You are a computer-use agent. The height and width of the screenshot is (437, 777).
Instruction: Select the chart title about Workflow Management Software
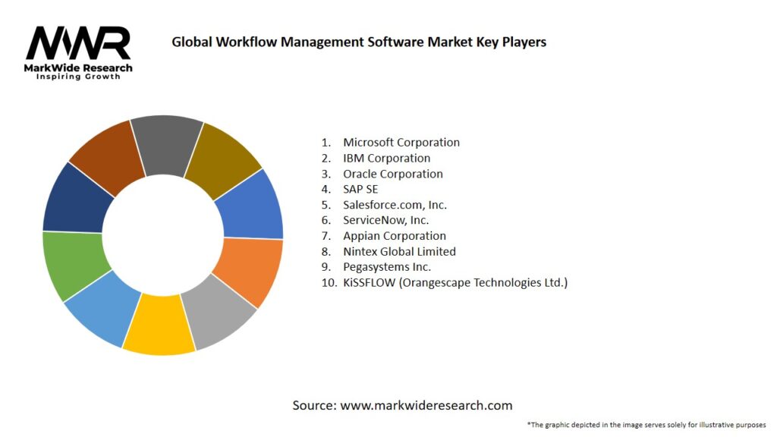point(359,42)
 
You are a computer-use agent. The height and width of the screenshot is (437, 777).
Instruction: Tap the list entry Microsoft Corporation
point(401,142)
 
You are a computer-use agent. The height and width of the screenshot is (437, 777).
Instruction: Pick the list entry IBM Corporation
point(386,158)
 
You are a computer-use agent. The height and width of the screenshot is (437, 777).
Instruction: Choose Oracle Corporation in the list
point(392,174)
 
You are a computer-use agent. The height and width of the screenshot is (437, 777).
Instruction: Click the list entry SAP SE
point(360,189)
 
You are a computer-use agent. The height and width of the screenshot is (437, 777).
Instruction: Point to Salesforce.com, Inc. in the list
point(394,205)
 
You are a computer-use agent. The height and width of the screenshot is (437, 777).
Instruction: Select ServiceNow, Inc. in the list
point(385,220)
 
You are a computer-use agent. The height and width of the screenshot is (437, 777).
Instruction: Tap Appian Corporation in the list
point(394,236)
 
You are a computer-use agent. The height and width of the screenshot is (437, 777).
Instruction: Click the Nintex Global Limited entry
point(399,251)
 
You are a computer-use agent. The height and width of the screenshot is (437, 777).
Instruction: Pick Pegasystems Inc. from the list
point(386,267)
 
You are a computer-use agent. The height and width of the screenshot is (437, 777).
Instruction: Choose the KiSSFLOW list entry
point(455,282)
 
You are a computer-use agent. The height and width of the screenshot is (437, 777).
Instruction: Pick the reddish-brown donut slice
point(107,156)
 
